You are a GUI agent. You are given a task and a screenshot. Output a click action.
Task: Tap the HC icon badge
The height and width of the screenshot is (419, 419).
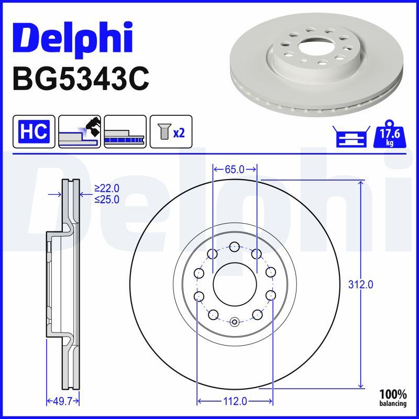coord(34,131)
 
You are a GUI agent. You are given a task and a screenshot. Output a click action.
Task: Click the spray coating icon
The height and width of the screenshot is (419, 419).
coord(80,131)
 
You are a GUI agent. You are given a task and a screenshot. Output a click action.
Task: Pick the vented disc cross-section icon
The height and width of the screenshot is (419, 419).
coord(125,131)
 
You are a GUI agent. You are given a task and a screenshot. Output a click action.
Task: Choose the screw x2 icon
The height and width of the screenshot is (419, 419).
coord(171,131)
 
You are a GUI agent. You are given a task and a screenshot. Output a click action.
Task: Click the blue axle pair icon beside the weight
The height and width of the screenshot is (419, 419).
coord(351,136)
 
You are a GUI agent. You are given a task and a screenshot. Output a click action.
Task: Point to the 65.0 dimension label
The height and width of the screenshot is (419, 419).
coord(234,169)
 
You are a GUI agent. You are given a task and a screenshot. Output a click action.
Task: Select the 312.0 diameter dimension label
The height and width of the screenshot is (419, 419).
coord(360,285)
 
